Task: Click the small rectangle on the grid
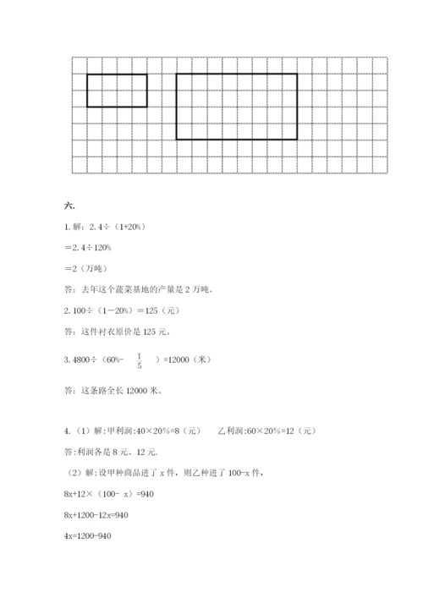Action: tap(117, 91)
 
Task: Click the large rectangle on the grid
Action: tap(236, 106)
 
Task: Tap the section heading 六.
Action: tap(69, 206)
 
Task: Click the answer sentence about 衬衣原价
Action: tap(123, 332)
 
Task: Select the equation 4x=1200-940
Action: tap(88, 536)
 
